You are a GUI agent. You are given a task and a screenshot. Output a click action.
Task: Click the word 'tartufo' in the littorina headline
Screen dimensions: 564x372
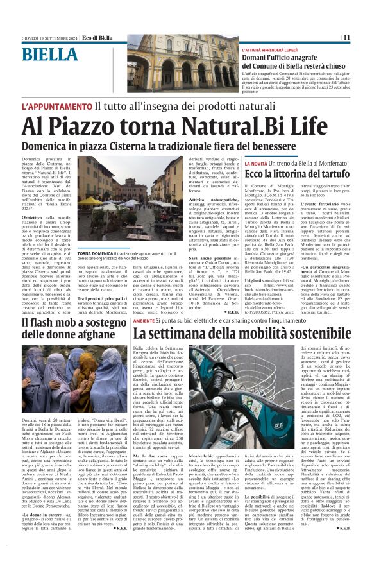click(x=332, y=175)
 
